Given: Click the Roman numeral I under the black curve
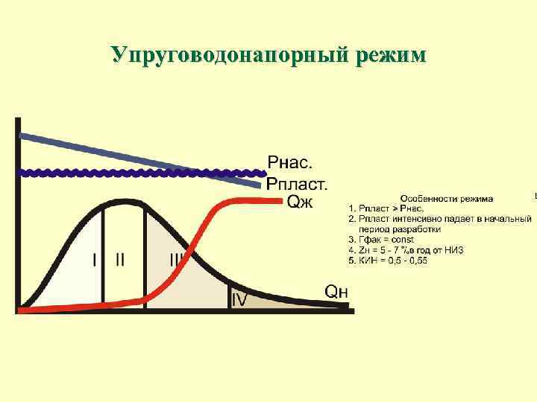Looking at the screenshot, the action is pos(95,260).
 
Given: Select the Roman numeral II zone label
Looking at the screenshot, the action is pos(120,260).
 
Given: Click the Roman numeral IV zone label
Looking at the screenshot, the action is pos(240,299).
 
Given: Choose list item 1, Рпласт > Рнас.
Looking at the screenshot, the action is pos(392,209).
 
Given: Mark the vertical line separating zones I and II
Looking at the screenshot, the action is pos(104,253).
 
